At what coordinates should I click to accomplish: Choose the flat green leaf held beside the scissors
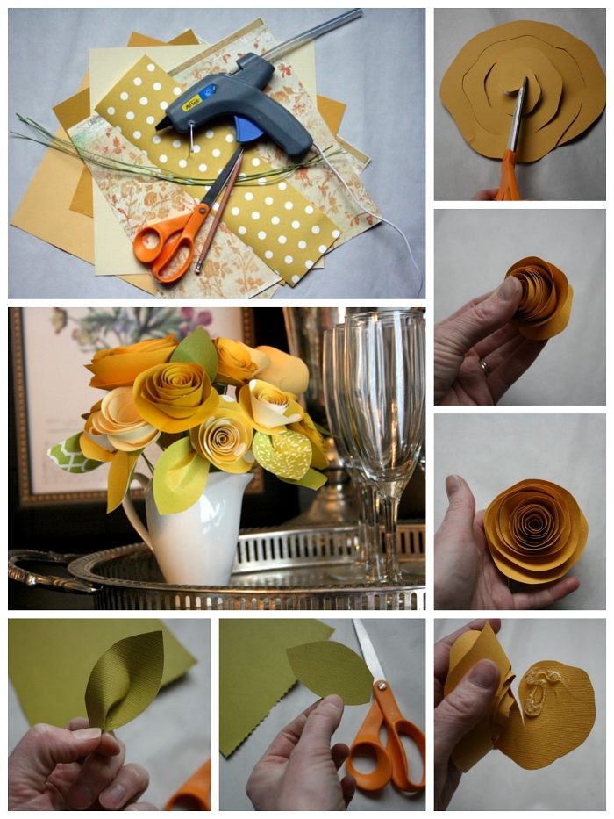click(x=329, y=671)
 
